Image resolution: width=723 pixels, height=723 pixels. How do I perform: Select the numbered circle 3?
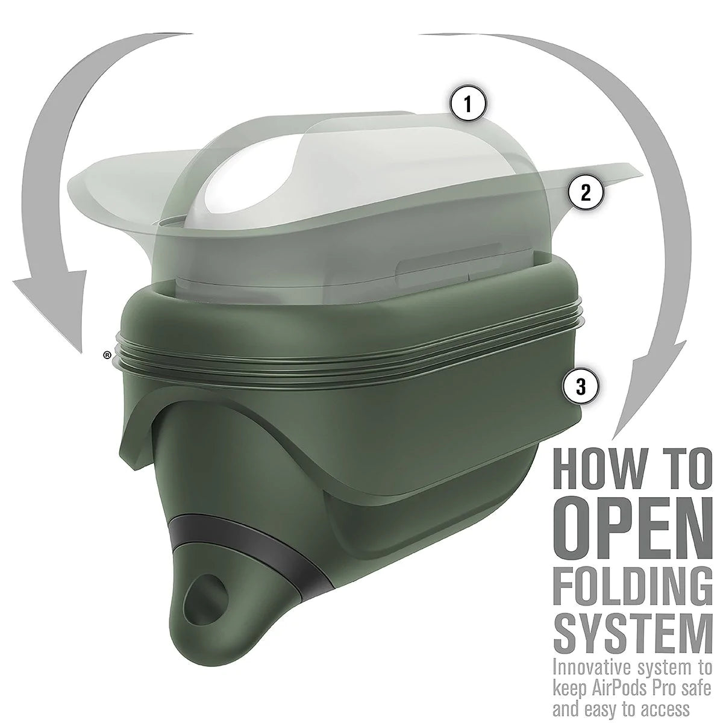coord(581,387)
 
